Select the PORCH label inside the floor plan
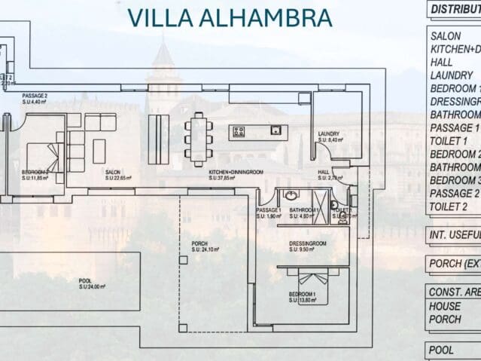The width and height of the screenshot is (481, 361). pos(200,243)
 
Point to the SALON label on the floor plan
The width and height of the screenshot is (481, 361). pos(114,172)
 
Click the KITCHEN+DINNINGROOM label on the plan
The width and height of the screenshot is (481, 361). pos(236,172)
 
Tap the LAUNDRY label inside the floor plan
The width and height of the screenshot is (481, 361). pos(329,133)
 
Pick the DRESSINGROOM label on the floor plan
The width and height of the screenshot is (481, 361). pos(307,243)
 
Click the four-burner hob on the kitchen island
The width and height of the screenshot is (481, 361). pos(239,132)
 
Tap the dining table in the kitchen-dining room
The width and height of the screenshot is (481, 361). pos(198,139)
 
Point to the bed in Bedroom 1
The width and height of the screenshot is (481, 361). pos(313,287)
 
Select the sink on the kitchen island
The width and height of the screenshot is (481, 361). pos(276,130)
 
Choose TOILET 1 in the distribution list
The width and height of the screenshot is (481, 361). pos(449,141)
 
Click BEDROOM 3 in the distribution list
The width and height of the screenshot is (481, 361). pos(455,180)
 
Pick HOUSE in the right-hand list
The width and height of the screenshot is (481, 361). pos(445,306)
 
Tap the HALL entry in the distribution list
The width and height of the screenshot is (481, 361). pos(442,62)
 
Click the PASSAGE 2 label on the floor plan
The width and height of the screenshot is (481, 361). pos(35,96)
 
